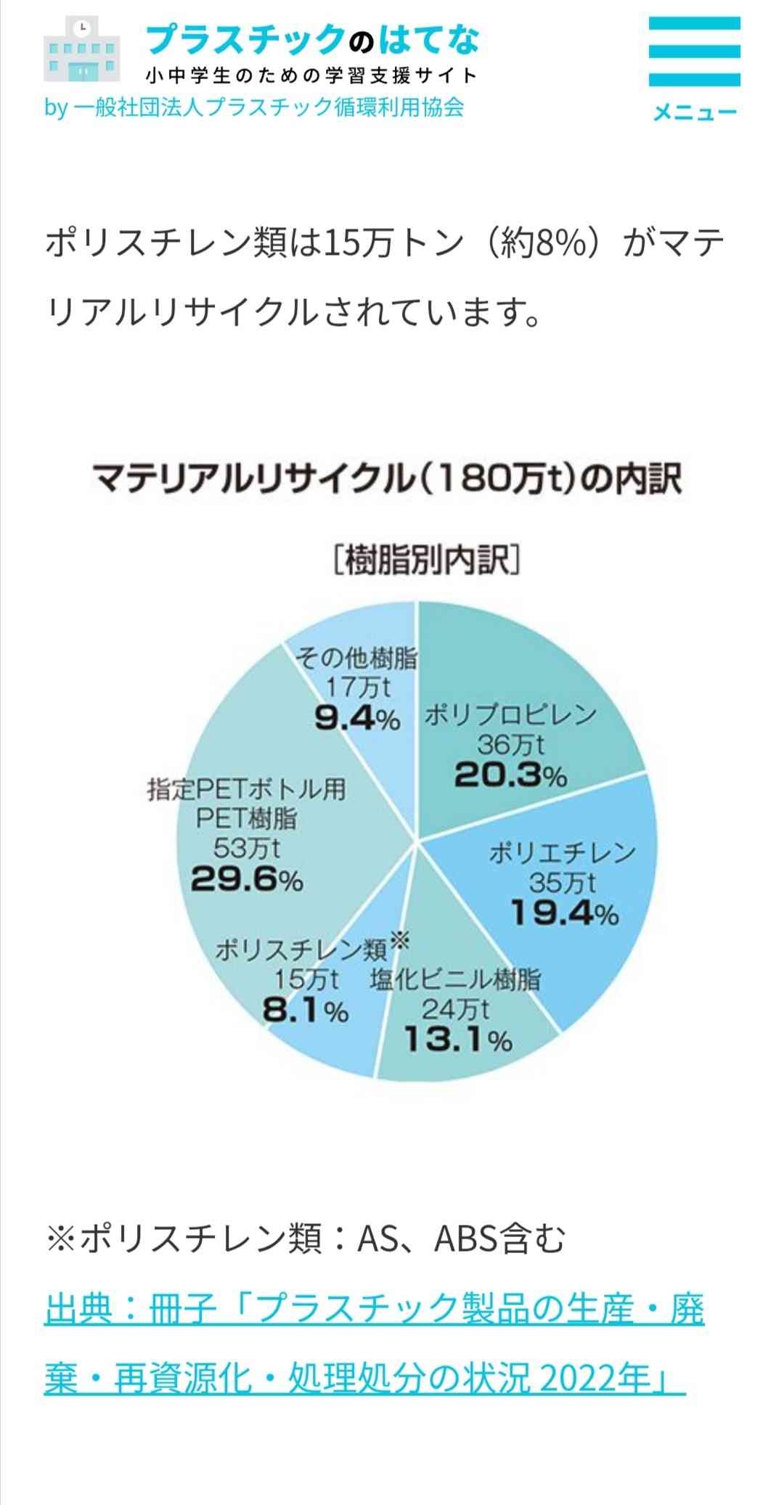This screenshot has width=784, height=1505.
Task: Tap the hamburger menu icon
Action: [694, 52]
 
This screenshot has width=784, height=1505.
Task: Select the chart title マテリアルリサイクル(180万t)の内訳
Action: [387, 480]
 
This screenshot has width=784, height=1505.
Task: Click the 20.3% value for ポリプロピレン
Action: [510, 776]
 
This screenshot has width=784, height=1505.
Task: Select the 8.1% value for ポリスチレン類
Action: [306, 1011]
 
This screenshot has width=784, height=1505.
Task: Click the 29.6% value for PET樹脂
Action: [247, 880]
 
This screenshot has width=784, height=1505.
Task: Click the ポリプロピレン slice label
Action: [510, 714]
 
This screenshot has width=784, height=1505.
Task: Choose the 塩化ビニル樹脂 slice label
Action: [456, 980]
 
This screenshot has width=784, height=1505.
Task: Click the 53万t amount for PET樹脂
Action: [247, 848]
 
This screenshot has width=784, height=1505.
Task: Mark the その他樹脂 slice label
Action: [356, 658]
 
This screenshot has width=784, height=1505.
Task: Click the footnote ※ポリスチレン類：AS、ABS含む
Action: [305, 1239]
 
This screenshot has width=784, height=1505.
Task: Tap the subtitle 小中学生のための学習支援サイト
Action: [312, 76]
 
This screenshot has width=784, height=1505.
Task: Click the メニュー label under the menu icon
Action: [695, 112]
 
